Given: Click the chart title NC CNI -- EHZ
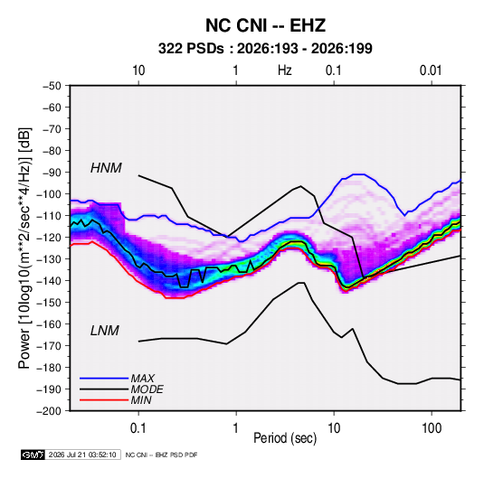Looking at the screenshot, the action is (265, 25).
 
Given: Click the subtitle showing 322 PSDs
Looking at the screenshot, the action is (265, 49).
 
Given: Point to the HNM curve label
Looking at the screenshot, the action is (106, 168).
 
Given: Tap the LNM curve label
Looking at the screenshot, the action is (104, 331).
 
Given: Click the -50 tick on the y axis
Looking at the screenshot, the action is (52, 86).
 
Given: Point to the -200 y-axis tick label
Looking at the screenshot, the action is (49, 411).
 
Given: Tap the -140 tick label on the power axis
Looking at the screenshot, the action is (49, 281).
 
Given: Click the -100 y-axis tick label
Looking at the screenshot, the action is (49, 194).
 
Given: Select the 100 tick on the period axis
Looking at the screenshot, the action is (432, 428).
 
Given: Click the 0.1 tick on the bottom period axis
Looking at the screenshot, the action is (138, 428).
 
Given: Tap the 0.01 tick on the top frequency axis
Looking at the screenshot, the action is (431, 70).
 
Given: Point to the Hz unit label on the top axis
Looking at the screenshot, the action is (285, 70).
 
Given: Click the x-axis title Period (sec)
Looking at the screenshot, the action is (285, 438).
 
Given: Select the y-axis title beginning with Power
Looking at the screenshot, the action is (24, 248).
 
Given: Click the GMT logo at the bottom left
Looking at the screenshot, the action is (33, 455).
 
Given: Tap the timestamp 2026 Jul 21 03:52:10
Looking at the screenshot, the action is (82, 455).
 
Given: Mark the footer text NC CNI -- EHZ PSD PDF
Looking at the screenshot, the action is (161, 455).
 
